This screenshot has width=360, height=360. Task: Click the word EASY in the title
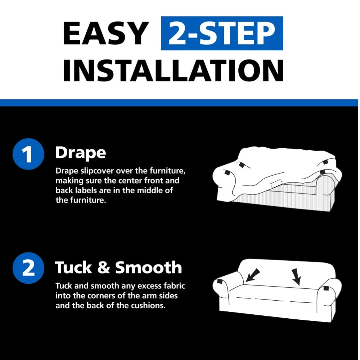point(106,33)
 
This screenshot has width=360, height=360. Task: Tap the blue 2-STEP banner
point(222,33)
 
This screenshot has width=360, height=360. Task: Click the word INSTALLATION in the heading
point(174,70)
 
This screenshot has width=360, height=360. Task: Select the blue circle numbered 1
point(28,154)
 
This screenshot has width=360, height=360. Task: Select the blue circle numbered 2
point(28,268)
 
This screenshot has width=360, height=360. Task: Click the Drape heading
point(81,153)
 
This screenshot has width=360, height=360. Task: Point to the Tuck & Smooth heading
point(118,267)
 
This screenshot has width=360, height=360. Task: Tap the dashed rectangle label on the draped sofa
point(276,184)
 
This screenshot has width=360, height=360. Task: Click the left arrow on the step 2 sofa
point(253,275)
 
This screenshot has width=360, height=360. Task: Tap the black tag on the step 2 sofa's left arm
point(220,282)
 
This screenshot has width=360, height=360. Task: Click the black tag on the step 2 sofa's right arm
point(326,289)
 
